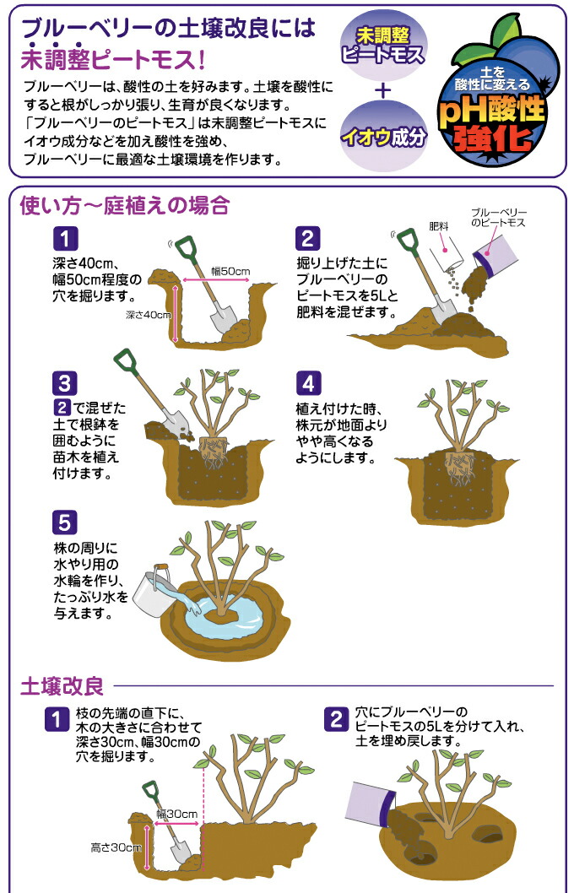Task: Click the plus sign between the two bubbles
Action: click(x=383, y=90)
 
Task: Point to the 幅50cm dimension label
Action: click(x=230, y=271)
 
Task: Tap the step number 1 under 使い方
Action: click(x=65, y=237)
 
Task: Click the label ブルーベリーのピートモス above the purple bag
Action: click(x=498, y=217)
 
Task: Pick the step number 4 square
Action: click(x=308, y=384)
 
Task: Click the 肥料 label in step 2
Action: click(x=437, y=226)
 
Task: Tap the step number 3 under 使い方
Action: click(x=65, y=384)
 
